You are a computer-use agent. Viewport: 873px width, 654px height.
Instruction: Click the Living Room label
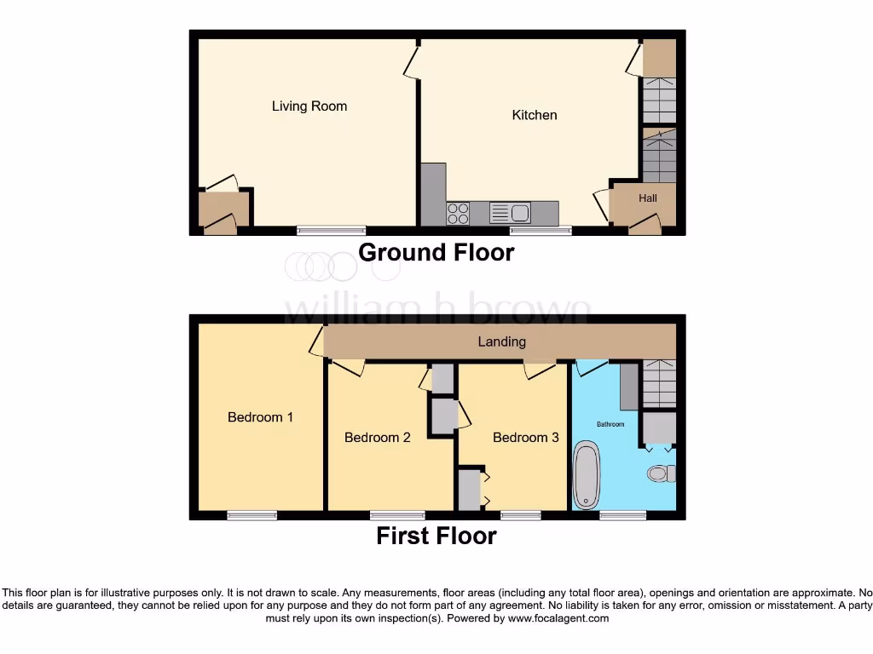pyautogui.click(x=309, y=106)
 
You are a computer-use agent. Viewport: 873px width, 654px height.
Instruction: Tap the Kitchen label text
pyautogui.click(x=535, y=115)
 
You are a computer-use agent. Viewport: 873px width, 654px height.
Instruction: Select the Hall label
pyautogui.click(x=648, y=198)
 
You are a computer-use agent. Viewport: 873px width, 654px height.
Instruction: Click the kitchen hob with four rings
pyautogui.click(x=458, y=213)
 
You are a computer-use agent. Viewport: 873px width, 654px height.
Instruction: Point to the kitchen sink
pyautogui.click(x=511, y=212)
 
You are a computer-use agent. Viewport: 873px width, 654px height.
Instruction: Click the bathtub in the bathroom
pyautogui.click(x=587, y=475)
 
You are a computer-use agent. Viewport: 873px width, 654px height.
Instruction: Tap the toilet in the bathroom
pyautogui.click(x=661, y=473)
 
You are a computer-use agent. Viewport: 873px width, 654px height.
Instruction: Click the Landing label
pyautogui.click(x=501, y=341)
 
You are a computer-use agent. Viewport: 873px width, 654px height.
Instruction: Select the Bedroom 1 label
pyautogui.click(x=260, y=417)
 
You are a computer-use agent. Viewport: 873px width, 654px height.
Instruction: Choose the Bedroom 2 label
pyautogui.click(x=378, y=438)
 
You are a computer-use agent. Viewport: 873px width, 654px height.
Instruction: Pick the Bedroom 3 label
pyautogui.click(x=526, y=438)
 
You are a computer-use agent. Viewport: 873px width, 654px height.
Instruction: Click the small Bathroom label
pyautogui.click(x=610, y=424)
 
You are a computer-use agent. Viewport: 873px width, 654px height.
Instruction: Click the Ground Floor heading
pyautogui.click(x=436, y=253)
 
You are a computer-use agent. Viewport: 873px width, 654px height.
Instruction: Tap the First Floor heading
pyautogui.click(x=436, y=536)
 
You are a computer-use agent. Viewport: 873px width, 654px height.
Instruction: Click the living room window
pyautogui.click(x=332, y=230)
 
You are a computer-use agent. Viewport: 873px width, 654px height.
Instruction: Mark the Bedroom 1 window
pyautogui.click(x=251, y=514)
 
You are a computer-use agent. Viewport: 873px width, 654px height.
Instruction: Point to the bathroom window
pyautogui.click(x=622, y=514)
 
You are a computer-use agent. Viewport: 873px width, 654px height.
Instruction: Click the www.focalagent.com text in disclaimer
pyautogui.click(x=558, y=618)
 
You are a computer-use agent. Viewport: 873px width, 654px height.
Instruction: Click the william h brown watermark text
pyautogui.click(x=436, y=309)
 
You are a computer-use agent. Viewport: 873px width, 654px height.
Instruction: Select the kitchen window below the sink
pyautogui.click(x=541, y=230)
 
